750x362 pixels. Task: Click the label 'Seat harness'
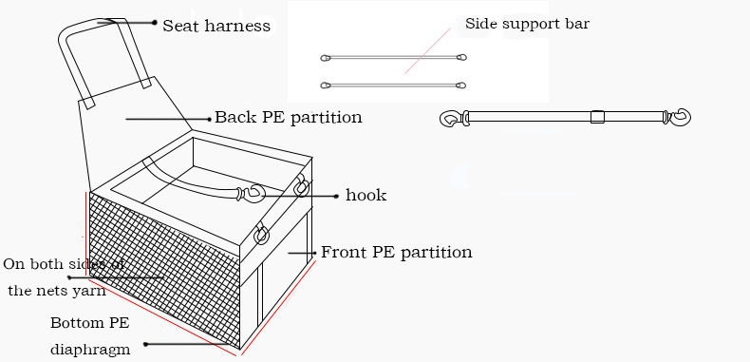(216, 26)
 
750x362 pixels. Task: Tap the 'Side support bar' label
(527, 24)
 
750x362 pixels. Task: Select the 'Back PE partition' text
(288, 117)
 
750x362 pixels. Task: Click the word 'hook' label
(366, 195)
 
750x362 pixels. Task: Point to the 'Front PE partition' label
(397, 252)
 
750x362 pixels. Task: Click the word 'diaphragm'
(90, 350)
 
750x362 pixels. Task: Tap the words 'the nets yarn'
(57, 290)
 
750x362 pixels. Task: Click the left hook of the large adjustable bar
(451, 118)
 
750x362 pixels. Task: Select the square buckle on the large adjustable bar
(597, 117)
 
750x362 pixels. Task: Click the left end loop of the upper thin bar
(326, 58)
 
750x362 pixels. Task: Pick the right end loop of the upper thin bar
(461, 57)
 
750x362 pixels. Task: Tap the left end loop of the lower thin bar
(326, 86)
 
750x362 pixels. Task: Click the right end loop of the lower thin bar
(460, 86)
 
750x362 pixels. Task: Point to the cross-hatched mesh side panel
(163, 267)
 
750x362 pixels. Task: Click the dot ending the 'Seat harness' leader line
(154, 22)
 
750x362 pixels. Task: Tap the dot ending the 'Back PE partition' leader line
(209, 119)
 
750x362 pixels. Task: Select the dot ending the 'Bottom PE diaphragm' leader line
(145, 344)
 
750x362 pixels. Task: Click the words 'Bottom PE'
(89, 323)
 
